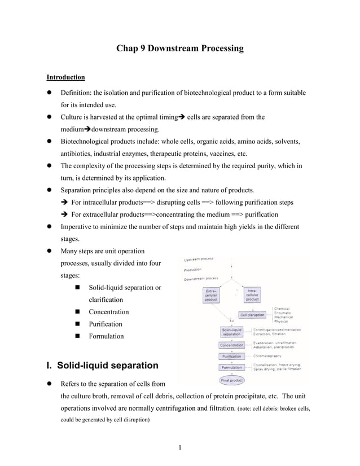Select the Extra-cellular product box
pos(212,295)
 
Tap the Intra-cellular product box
pos(252,295)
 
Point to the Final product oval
pos(232,380)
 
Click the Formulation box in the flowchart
pos(231,368)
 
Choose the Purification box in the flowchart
pos(231,357)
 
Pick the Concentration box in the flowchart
pos(231,345)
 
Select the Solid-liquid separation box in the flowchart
pos(231,332)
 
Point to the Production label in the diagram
pos(194,269)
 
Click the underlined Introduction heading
pos(65,77)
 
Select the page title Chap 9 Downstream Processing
pos(179,49)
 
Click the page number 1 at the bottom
pos(179,449)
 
